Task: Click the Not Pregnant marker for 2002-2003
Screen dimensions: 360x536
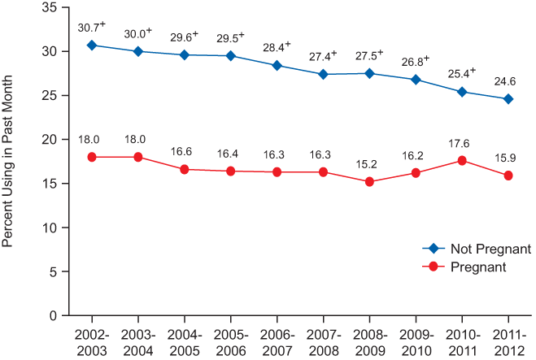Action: point(92,46)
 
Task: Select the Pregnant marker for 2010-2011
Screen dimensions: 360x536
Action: point(462,160)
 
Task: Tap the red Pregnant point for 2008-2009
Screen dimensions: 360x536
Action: point(369,181)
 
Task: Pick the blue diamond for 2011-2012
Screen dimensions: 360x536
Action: point(508,99)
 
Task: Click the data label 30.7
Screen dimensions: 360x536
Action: point(89,28)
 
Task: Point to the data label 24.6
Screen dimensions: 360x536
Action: point(508,81)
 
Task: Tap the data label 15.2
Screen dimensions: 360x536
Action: point(369,163)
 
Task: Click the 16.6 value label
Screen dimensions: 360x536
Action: point(185,151)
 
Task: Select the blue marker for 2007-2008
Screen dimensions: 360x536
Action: point(324,74)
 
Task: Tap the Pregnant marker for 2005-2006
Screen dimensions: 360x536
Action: point(231,171)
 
